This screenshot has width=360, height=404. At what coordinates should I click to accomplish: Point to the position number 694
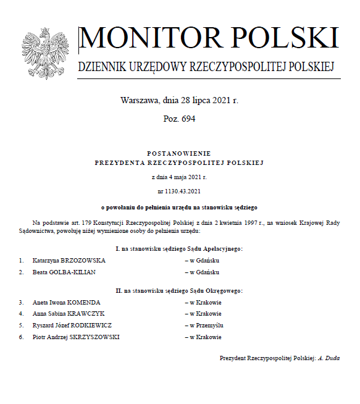coord(188,119)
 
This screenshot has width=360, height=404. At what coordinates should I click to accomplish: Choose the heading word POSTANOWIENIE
coord(179,153)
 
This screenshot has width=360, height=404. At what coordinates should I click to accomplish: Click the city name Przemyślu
coord(207,325)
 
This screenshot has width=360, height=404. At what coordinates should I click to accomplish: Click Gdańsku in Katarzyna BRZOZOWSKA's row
coord(205,261)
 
